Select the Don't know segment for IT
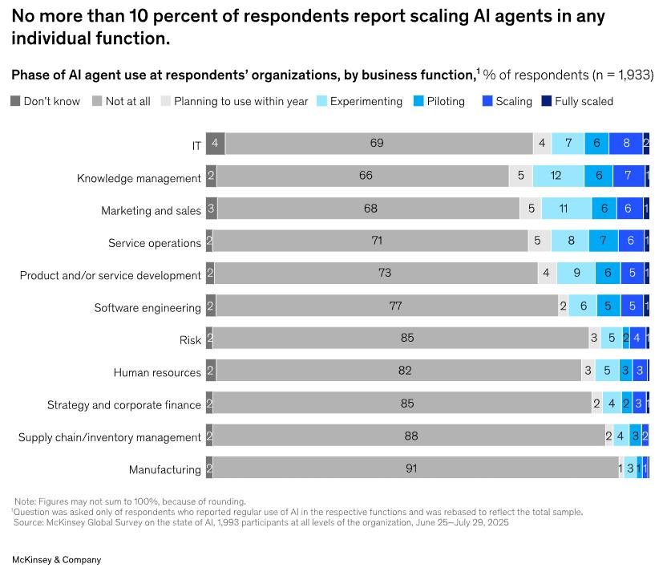[x=215, y=144]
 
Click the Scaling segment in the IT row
[x=625, y=144]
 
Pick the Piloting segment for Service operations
[x=603, y=241]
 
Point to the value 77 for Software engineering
[x=394, y=306]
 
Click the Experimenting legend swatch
[x=322, y=101]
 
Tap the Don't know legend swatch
[x=16, y=101]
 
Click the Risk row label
[x=190, y=340]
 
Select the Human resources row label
[x=157, y=372]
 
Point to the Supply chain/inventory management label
[x=110, y=437]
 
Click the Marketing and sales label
[x=151, y=210]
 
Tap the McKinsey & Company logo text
[x=56, y=559]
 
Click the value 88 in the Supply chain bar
[x=411, y=436]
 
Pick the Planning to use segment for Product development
[x=546, y=274]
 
